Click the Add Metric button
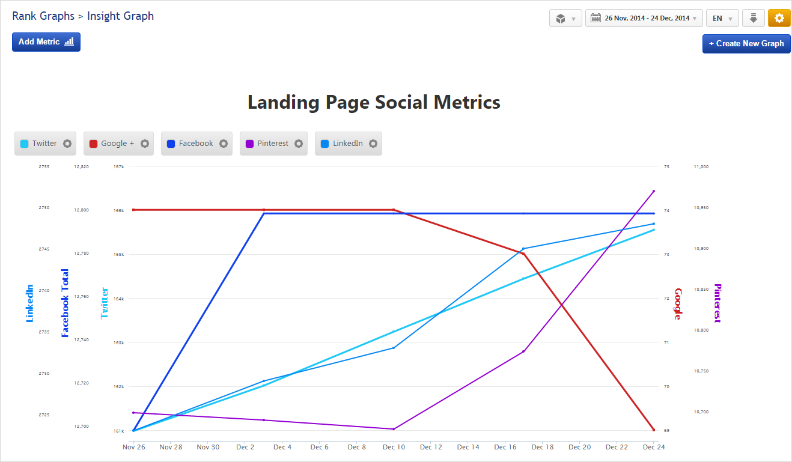tap(46, 42)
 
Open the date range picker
tap(644, 18)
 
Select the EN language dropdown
tap(722, 18)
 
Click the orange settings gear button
tap(779, 18)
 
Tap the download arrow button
tap(753, 18)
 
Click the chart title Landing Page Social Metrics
tap(374, 102)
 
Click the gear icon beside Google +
tap(145, 144)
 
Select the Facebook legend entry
tap(190, 144)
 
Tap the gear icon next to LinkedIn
tap(373, 144)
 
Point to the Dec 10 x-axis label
tap(394, 447)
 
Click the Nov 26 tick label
tap(133, 447)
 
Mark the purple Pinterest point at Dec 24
tap(654, 191)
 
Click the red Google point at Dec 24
tap(654, 430)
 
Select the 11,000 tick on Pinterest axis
tap(701, 166)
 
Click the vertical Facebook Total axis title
tap(65, 303)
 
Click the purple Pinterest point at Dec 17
tap(523, 351)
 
